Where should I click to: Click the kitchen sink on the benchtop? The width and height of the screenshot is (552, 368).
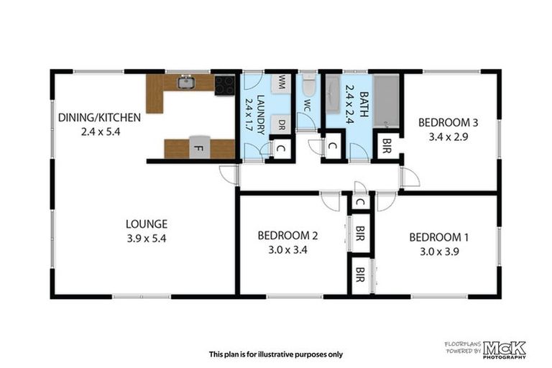coord(186,83)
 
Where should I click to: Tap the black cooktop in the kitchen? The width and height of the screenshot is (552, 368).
coord(224,85)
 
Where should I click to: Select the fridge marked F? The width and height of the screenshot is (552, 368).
coord(199,148)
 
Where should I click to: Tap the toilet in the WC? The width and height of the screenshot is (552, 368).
coord(308,86)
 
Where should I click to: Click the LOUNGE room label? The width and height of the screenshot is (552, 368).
coord(146,224)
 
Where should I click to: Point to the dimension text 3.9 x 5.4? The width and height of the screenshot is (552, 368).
coord(146,239)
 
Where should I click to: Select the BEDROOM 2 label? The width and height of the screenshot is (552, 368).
coord(287,236)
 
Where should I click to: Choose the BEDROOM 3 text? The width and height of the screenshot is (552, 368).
coord(448,122)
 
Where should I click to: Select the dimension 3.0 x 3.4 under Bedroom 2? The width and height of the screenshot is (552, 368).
coord(287,250)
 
